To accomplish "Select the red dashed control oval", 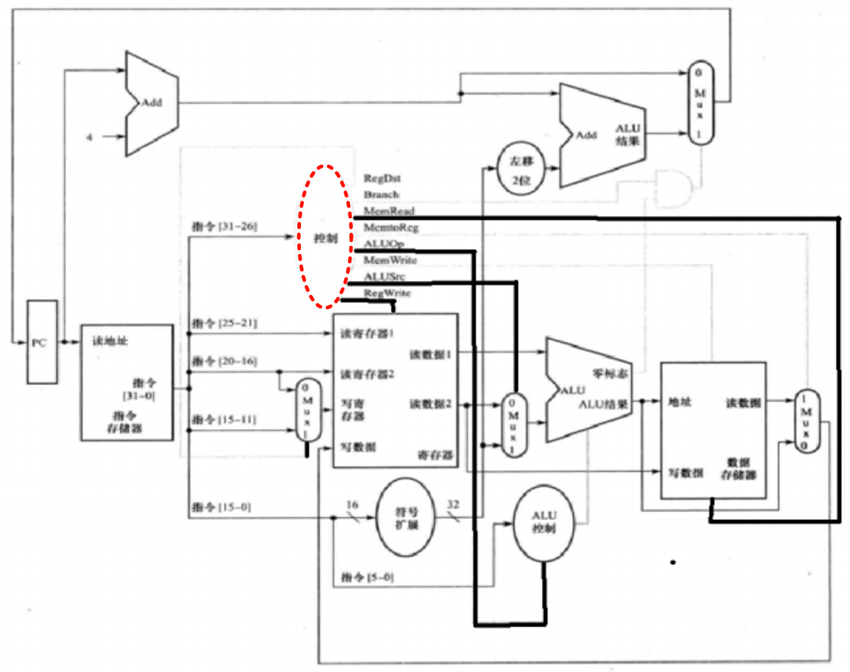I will click(324, 236).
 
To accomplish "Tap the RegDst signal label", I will click(382, 178).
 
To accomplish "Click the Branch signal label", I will click(381, 195).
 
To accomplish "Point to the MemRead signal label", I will click(388, 211).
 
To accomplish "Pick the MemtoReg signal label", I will click(391, 228).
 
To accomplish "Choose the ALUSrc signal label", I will click(383, 277).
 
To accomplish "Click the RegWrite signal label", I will click(387, 293).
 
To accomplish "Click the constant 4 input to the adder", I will click(89, 137).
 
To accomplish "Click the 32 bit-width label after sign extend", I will click(453, 504).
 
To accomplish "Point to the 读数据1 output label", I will click(430, 353).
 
